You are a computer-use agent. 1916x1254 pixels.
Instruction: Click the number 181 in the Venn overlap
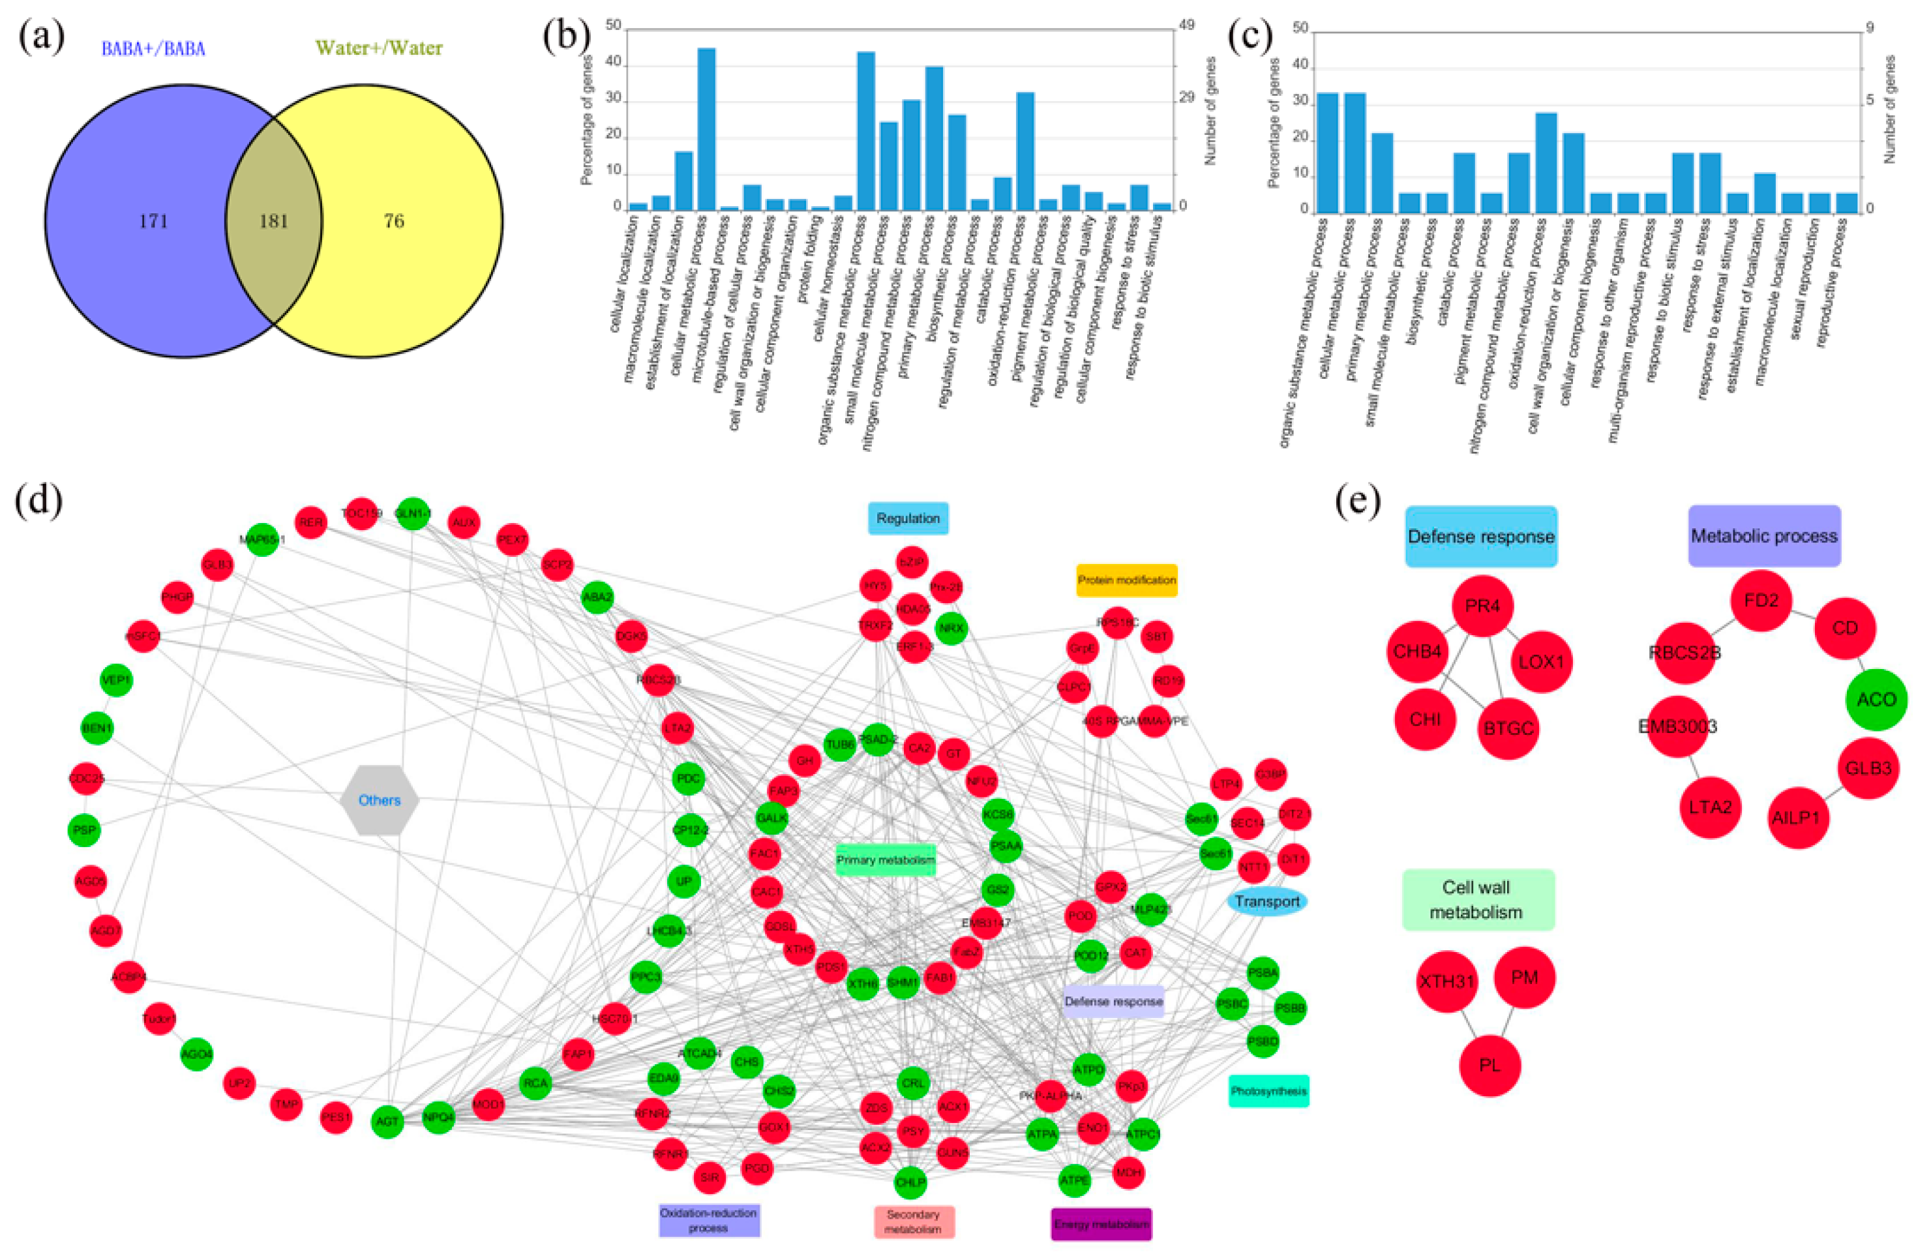(274, 221)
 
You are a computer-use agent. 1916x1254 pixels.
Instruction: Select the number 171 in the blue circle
(154, 221)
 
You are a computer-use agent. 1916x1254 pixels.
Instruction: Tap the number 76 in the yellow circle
(394, 221)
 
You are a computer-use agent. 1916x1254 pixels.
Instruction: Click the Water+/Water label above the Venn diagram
(378, 48)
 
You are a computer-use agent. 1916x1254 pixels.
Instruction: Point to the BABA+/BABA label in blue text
(153, 49)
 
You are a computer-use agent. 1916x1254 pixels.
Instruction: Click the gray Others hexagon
(379, 800)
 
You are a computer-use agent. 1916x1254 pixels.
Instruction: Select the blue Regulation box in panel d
(908, 518)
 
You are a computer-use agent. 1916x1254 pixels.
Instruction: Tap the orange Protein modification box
(1127, 580)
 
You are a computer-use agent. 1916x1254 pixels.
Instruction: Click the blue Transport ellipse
(1267, 901)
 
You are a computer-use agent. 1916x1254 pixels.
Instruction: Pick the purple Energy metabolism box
(1101, 1224)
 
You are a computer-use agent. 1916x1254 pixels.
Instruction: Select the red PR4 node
(1482, 606)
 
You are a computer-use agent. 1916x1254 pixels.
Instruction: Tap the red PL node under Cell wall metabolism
(1489, 1066)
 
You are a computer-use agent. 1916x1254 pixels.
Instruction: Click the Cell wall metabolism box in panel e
(1478, 900)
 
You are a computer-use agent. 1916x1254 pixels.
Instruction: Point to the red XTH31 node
(1446, 981)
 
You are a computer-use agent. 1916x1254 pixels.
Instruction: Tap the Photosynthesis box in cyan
(1268, 1092)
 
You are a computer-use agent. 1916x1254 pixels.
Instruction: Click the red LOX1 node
(1541, 662)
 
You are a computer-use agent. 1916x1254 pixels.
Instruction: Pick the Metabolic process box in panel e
(1764, 536)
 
